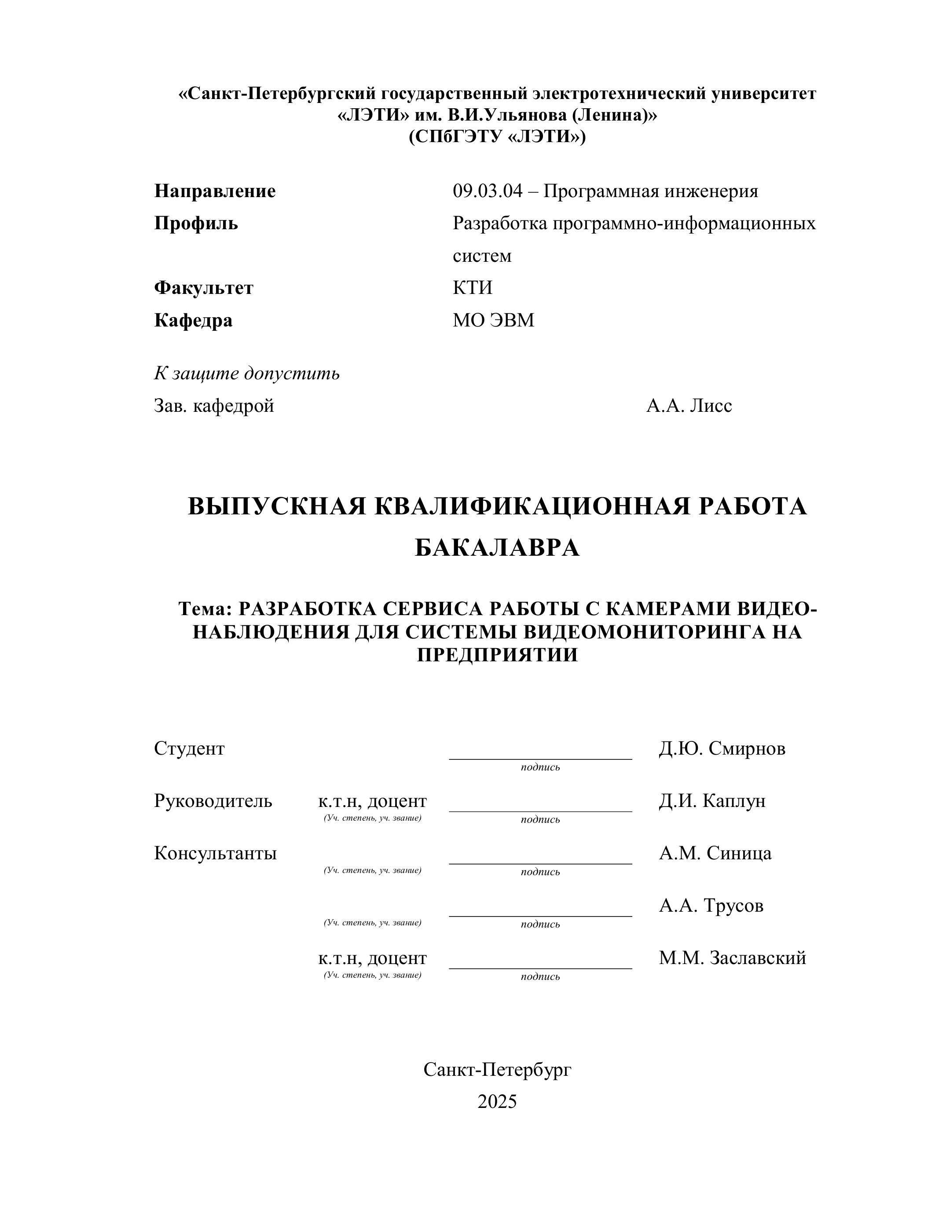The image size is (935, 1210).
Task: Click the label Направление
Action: tap(214, 191)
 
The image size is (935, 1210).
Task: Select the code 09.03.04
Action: tap(488, 191)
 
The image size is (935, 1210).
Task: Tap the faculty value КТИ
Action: tap(472, 288)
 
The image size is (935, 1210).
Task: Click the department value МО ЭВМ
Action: tap(493, 320)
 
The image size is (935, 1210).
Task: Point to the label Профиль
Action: tap(196, 223)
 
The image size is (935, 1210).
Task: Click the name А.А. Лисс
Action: tap(689, 406)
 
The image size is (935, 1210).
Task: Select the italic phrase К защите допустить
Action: tap(246, 374)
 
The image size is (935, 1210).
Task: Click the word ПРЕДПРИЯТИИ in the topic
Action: tap(497, 655)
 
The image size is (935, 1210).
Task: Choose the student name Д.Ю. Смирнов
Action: tap(722, 749)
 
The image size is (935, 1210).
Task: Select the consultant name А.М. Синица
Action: tap(715, 853)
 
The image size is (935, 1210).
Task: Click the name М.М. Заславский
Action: tap(732, 958)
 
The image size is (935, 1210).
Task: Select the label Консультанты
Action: tap(215, 853)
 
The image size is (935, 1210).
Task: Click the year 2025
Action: tap(497, 1102)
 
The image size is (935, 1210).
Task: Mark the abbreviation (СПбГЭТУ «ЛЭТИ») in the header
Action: tap(497, 136)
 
